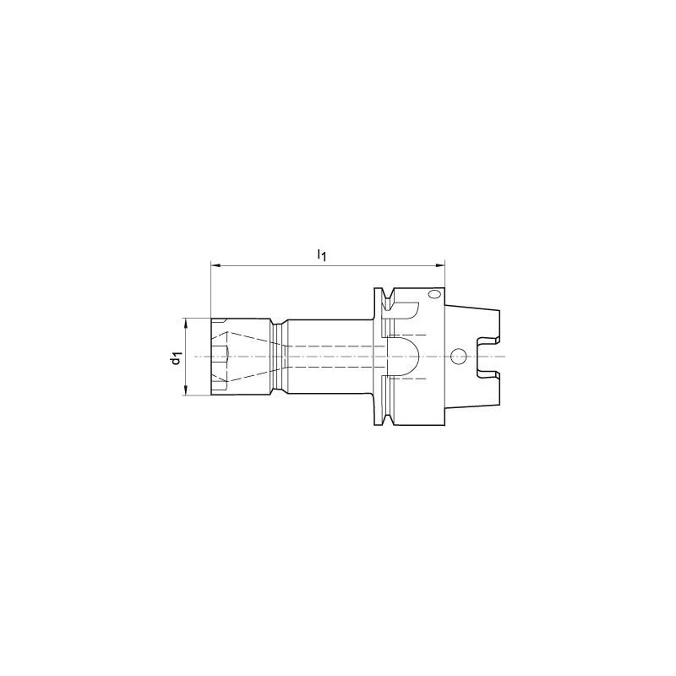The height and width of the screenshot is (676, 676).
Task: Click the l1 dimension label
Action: [322, 255]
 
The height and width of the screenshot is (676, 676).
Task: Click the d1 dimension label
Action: [177, 357]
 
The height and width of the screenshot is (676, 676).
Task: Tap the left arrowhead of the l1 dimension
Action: [215, 264]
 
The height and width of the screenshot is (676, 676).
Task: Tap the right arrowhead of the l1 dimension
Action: [439, 264]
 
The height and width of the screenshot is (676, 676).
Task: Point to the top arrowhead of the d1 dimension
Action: [185, 324]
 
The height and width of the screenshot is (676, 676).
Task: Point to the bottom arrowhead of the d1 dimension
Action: [185, 390]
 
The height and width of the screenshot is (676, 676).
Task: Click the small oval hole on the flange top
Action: [433, 294]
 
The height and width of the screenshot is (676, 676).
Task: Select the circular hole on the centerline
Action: [457, 356]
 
